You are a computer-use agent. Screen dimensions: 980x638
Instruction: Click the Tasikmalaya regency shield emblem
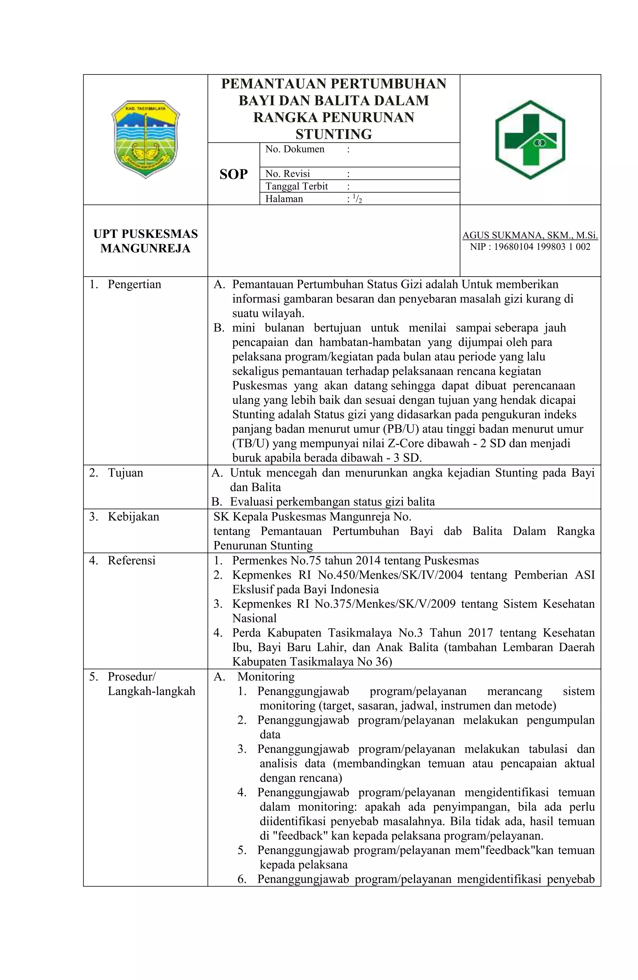pyautogui.click(x=145, y=139)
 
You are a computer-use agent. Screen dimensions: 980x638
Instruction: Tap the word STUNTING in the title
pyautogui.click(x=334, y=134)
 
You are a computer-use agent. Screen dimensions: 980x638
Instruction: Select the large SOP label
pyautogui.click(x=233, y=174)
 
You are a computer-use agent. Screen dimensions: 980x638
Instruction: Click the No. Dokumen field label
pyautogui.click(x=294, y=149)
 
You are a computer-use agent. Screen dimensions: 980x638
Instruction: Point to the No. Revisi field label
pyautogui.click(x=288, y=173)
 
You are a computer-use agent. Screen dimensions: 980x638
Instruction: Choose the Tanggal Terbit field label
pyautogui.click(x=296, y=186)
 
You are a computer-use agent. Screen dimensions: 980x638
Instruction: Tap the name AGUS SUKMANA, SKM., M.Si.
pyautogui.click(x=530, y=235)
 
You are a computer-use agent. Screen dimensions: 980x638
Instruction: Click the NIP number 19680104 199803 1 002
pyautogui.click(x=542, y=247)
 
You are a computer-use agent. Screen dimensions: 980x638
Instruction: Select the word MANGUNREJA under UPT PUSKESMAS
pyautogui.click(x=145, y=248)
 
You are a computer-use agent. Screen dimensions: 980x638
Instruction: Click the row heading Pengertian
pyautogui.click(x=134, y=284)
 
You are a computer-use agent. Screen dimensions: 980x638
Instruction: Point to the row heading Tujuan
pyautogui.click(x=126, y=472)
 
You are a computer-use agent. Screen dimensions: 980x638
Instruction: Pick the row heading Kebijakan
pyautogui.click(x=133, y=516)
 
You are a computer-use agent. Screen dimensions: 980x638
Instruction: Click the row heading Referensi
pyautogui.click(x=132, y=560)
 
